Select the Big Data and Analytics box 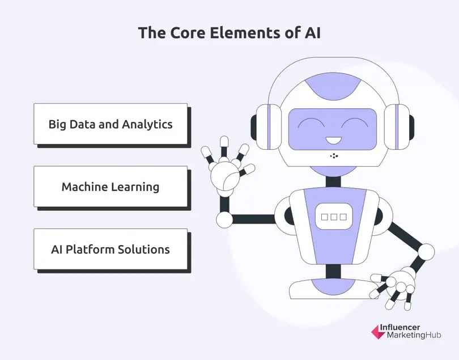[x=110, y=124]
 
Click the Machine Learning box [x=110, y=187]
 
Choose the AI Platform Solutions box [x=110, y=249]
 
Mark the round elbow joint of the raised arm [x=224, y=218]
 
